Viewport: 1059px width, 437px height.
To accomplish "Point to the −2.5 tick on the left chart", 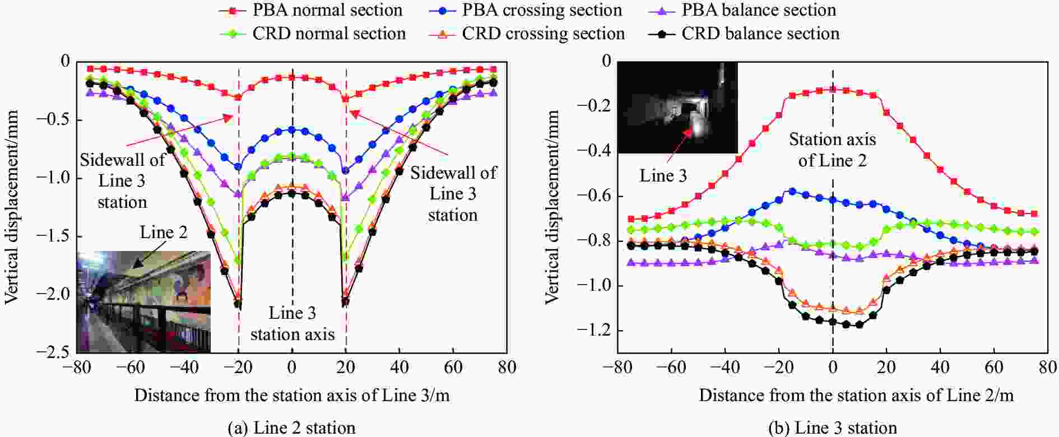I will (x=55, y=352).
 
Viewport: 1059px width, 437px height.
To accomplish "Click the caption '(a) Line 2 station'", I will (x=291, y=428).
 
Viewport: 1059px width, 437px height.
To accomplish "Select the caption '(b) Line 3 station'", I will (x=833, y=428).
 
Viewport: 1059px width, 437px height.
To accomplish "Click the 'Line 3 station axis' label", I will (x=292, y=324).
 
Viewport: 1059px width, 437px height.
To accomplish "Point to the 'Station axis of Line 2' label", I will (x=832, y=150).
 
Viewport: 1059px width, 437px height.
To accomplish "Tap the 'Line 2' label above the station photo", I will (x=164, y=232).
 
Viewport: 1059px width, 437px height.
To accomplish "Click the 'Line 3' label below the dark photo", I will (x=663, y=176).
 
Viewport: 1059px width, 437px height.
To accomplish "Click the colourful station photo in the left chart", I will (x=143, y=302).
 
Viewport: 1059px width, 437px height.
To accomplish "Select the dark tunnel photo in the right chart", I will (x=677, y=108).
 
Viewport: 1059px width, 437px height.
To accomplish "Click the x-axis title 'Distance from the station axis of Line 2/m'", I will (x=856, y=396).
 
